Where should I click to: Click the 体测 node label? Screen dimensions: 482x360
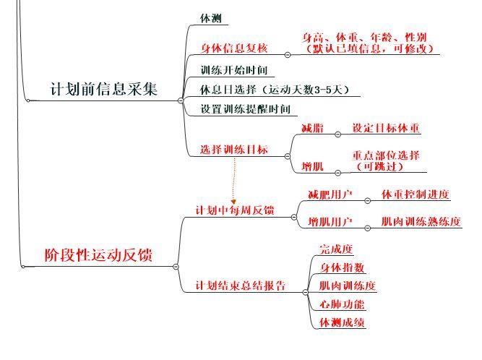(211, 19)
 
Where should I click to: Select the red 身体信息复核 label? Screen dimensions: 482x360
(234, 48)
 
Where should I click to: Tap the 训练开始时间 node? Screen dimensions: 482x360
(234, 70)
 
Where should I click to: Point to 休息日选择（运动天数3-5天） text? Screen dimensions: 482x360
(275, 90)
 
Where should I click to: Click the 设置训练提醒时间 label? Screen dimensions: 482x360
(246, 109)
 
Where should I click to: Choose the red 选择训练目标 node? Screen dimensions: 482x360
(234, 150)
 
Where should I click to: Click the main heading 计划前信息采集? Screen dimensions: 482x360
(104, 89)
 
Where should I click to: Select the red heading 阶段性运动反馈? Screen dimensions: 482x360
(98, 255)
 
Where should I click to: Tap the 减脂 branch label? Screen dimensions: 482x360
(312, 128)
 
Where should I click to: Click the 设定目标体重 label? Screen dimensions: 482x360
(386, 128)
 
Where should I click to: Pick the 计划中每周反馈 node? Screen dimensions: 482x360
(235, 210)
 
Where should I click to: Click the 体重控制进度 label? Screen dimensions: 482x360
(416, 194)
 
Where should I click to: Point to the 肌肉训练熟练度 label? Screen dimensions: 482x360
(421, 222)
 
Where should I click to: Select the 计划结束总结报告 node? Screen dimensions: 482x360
(241, 286)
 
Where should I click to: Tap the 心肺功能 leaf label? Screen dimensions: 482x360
(342, 304)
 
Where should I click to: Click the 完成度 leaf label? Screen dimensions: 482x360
(336, 249)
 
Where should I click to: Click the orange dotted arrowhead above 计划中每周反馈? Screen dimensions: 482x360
(233, 202)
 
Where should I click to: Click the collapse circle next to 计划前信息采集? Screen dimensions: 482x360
(181, 100)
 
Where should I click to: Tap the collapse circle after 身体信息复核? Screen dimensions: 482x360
(288, 55)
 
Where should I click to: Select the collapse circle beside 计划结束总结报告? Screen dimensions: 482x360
(305, 292)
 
